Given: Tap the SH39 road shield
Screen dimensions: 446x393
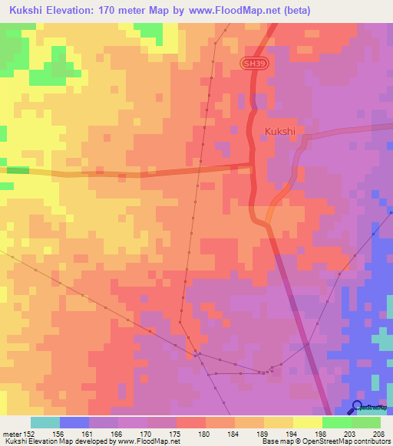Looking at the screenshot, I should point(255,67).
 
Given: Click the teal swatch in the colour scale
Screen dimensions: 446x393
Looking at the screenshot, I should point(45,422).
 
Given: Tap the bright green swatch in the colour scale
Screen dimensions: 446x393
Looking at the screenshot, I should point(336,422).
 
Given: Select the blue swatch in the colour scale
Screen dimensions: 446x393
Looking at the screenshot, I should point(74,422).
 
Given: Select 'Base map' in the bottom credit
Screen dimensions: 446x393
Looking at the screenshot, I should point(279,441).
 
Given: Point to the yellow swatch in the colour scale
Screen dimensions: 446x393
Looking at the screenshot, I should point(307,422).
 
